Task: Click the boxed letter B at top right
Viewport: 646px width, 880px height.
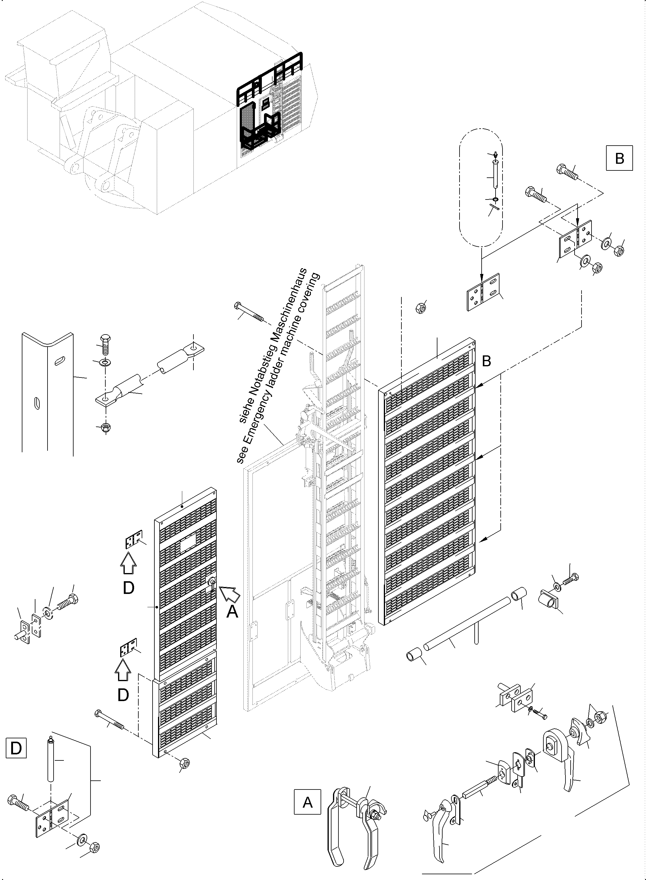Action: (x=619, y=158)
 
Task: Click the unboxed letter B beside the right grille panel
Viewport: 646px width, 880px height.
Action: (x=486, y=361)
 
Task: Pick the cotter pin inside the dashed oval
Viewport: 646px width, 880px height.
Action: (x=494, y=209)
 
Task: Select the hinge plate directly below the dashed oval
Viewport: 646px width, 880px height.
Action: (x=483, y=292)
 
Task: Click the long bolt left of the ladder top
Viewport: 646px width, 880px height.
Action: (x=249, y=313)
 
